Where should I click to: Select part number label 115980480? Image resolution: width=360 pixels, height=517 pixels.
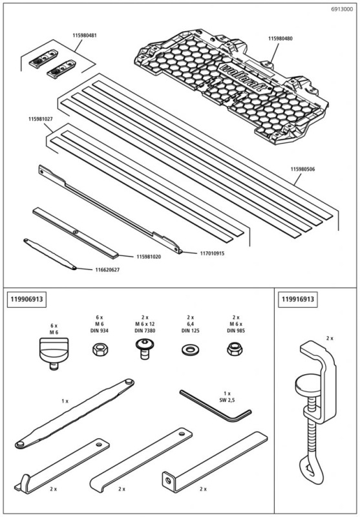point(281,39)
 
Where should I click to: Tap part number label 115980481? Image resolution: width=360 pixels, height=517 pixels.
point(85,36)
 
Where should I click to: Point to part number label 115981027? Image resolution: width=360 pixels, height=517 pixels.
point(41,120)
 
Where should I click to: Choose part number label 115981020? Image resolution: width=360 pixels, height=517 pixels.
point(149,257)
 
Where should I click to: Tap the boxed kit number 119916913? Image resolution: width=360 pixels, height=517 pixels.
point(299,299)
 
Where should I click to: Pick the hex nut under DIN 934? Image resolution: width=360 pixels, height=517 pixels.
point(100,350)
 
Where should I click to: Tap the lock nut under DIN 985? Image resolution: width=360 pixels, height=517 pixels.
point(231,350)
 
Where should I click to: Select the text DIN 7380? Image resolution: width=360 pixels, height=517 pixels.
point(143,330)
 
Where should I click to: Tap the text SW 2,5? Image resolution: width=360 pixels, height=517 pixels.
point(227,399)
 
